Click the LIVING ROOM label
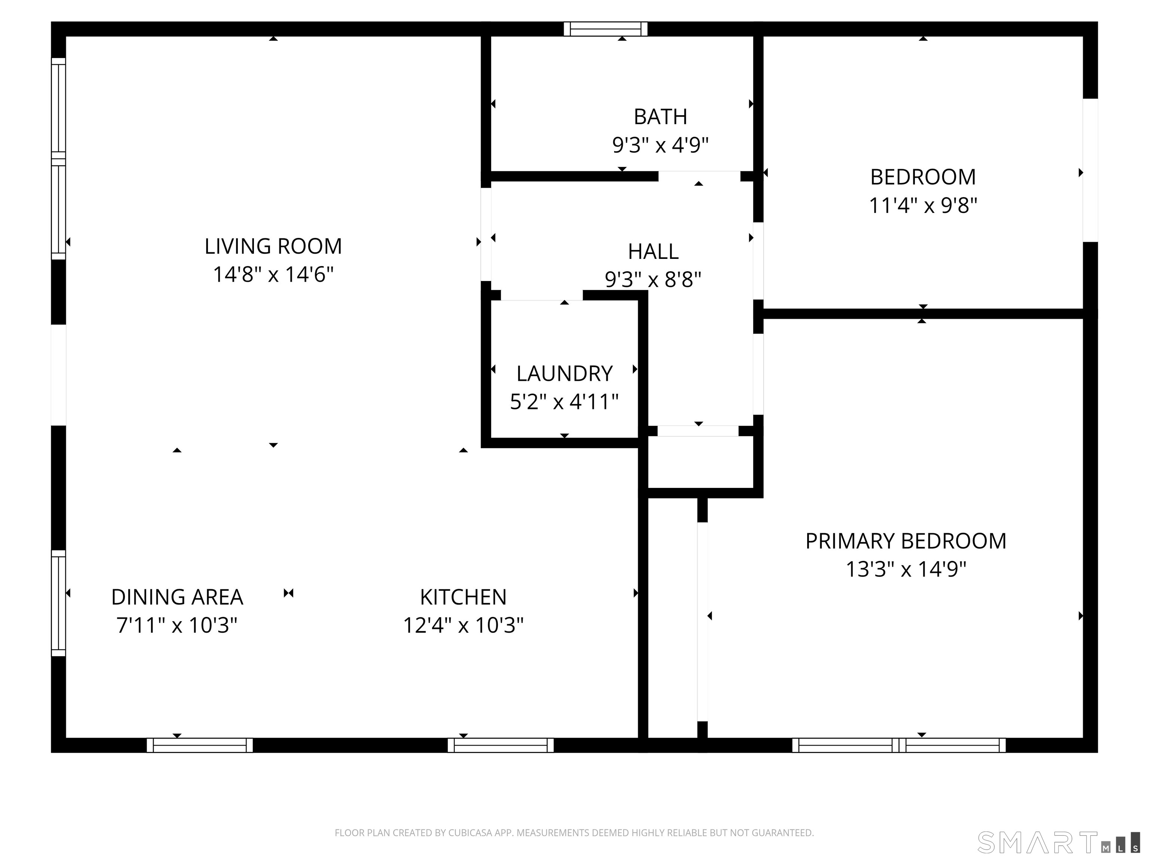(x=273, y=246)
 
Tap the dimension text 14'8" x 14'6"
(x=273, y=274)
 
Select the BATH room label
(x=660, y=117)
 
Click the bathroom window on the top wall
(x=606, y=29)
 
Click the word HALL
(x=653, y=252)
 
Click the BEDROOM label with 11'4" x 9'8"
(x=923, y=177)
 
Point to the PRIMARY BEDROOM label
(x=906, y=541)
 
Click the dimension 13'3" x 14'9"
(x=906, y=569)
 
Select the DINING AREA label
(x=177, y=597)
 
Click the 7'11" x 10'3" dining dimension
(x=177, y=625)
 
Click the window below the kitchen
(x=501, y=745)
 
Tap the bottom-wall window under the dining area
(x=200, y=745)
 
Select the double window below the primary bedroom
(x=899, y=745)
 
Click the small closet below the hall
(x=700, y=462)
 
